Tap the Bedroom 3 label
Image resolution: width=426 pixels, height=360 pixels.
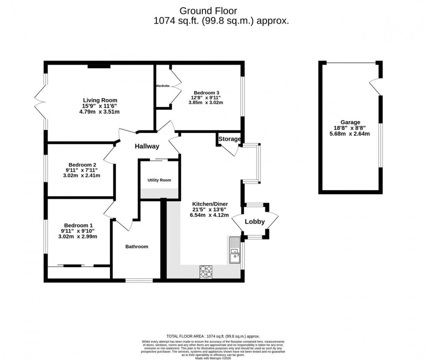pos(206,93)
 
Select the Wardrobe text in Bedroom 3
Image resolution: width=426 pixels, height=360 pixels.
pos(162,86)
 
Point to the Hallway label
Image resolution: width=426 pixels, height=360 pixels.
pos(146,147)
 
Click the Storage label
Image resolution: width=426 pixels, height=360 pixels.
pos(229,139)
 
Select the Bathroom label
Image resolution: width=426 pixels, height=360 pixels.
pos(136,247)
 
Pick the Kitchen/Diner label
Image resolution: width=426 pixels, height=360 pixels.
pos(210,204)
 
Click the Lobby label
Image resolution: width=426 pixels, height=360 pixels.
pos(255,222)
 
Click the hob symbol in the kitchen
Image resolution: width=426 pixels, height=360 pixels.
pos(206,272)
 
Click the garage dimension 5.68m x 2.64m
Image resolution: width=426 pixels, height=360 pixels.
pos(350,134)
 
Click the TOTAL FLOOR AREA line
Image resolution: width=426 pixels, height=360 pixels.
pos(213,337)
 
